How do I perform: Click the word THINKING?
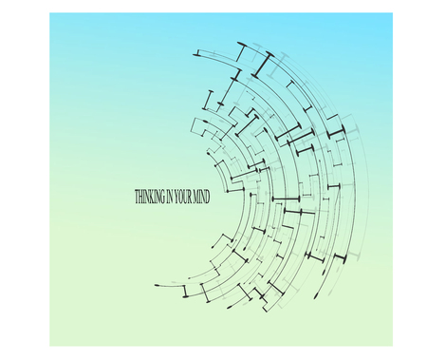150,197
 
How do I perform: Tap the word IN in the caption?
170,197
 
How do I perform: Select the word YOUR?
183,197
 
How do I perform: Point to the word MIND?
201,197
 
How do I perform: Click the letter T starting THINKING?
137,197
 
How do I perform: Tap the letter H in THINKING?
141,197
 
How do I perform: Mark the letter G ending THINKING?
162,197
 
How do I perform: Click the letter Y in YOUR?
176,197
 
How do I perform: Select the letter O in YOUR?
181,197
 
